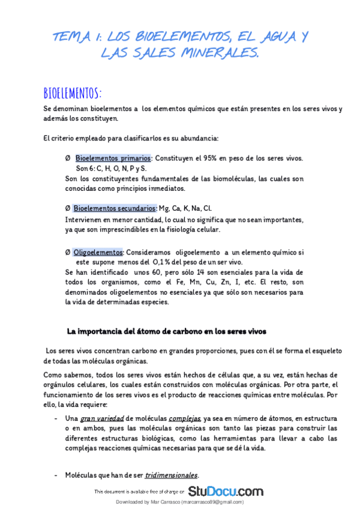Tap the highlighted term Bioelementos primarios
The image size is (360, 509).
coord(113,158)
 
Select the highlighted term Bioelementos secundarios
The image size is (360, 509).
coord(115,208)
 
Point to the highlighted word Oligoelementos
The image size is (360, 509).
coord(98,251)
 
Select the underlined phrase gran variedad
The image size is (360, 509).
coord(103,418)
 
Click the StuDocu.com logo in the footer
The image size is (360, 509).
coord(226,491)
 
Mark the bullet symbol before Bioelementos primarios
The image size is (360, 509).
coord(68,158)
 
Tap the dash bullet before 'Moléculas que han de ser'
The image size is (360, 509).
coord(56,475)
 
